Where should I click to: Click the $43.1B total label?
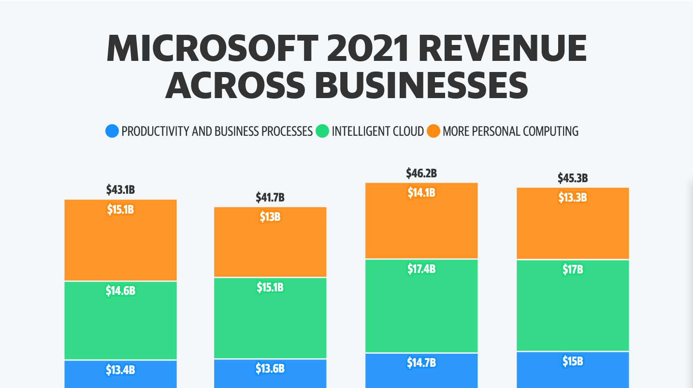[120, 189]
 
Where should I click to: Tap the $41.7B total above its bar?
[270, 197]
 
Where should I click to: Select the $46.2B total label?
[421, 173]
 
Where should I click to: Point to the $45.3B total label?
[573, 178]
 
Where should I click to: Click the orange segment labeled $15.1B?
[120, 240]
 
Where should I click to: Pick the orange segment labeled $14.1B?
[421, 221]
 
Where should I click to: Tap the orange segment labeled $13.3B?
[573, 224]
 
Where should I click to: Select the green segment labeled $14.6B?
[120, 320]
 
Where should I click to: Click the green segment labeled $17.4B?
[421, 306]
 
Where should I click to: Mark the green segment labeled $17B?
[573, 305]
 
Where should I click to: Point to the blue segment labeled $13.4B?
[120, 374]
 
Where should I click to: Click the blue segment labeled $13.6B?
[270, 374]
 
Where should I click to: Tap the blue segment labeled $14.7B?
[421, 371]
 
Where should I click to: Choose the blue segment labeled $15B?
[573, 370]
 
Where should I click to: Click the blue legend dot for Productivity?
[112, 131]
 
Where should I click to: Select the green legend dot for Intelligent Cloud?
[322, 131]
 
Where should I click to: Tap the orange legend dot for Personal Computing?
[433, 131]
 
